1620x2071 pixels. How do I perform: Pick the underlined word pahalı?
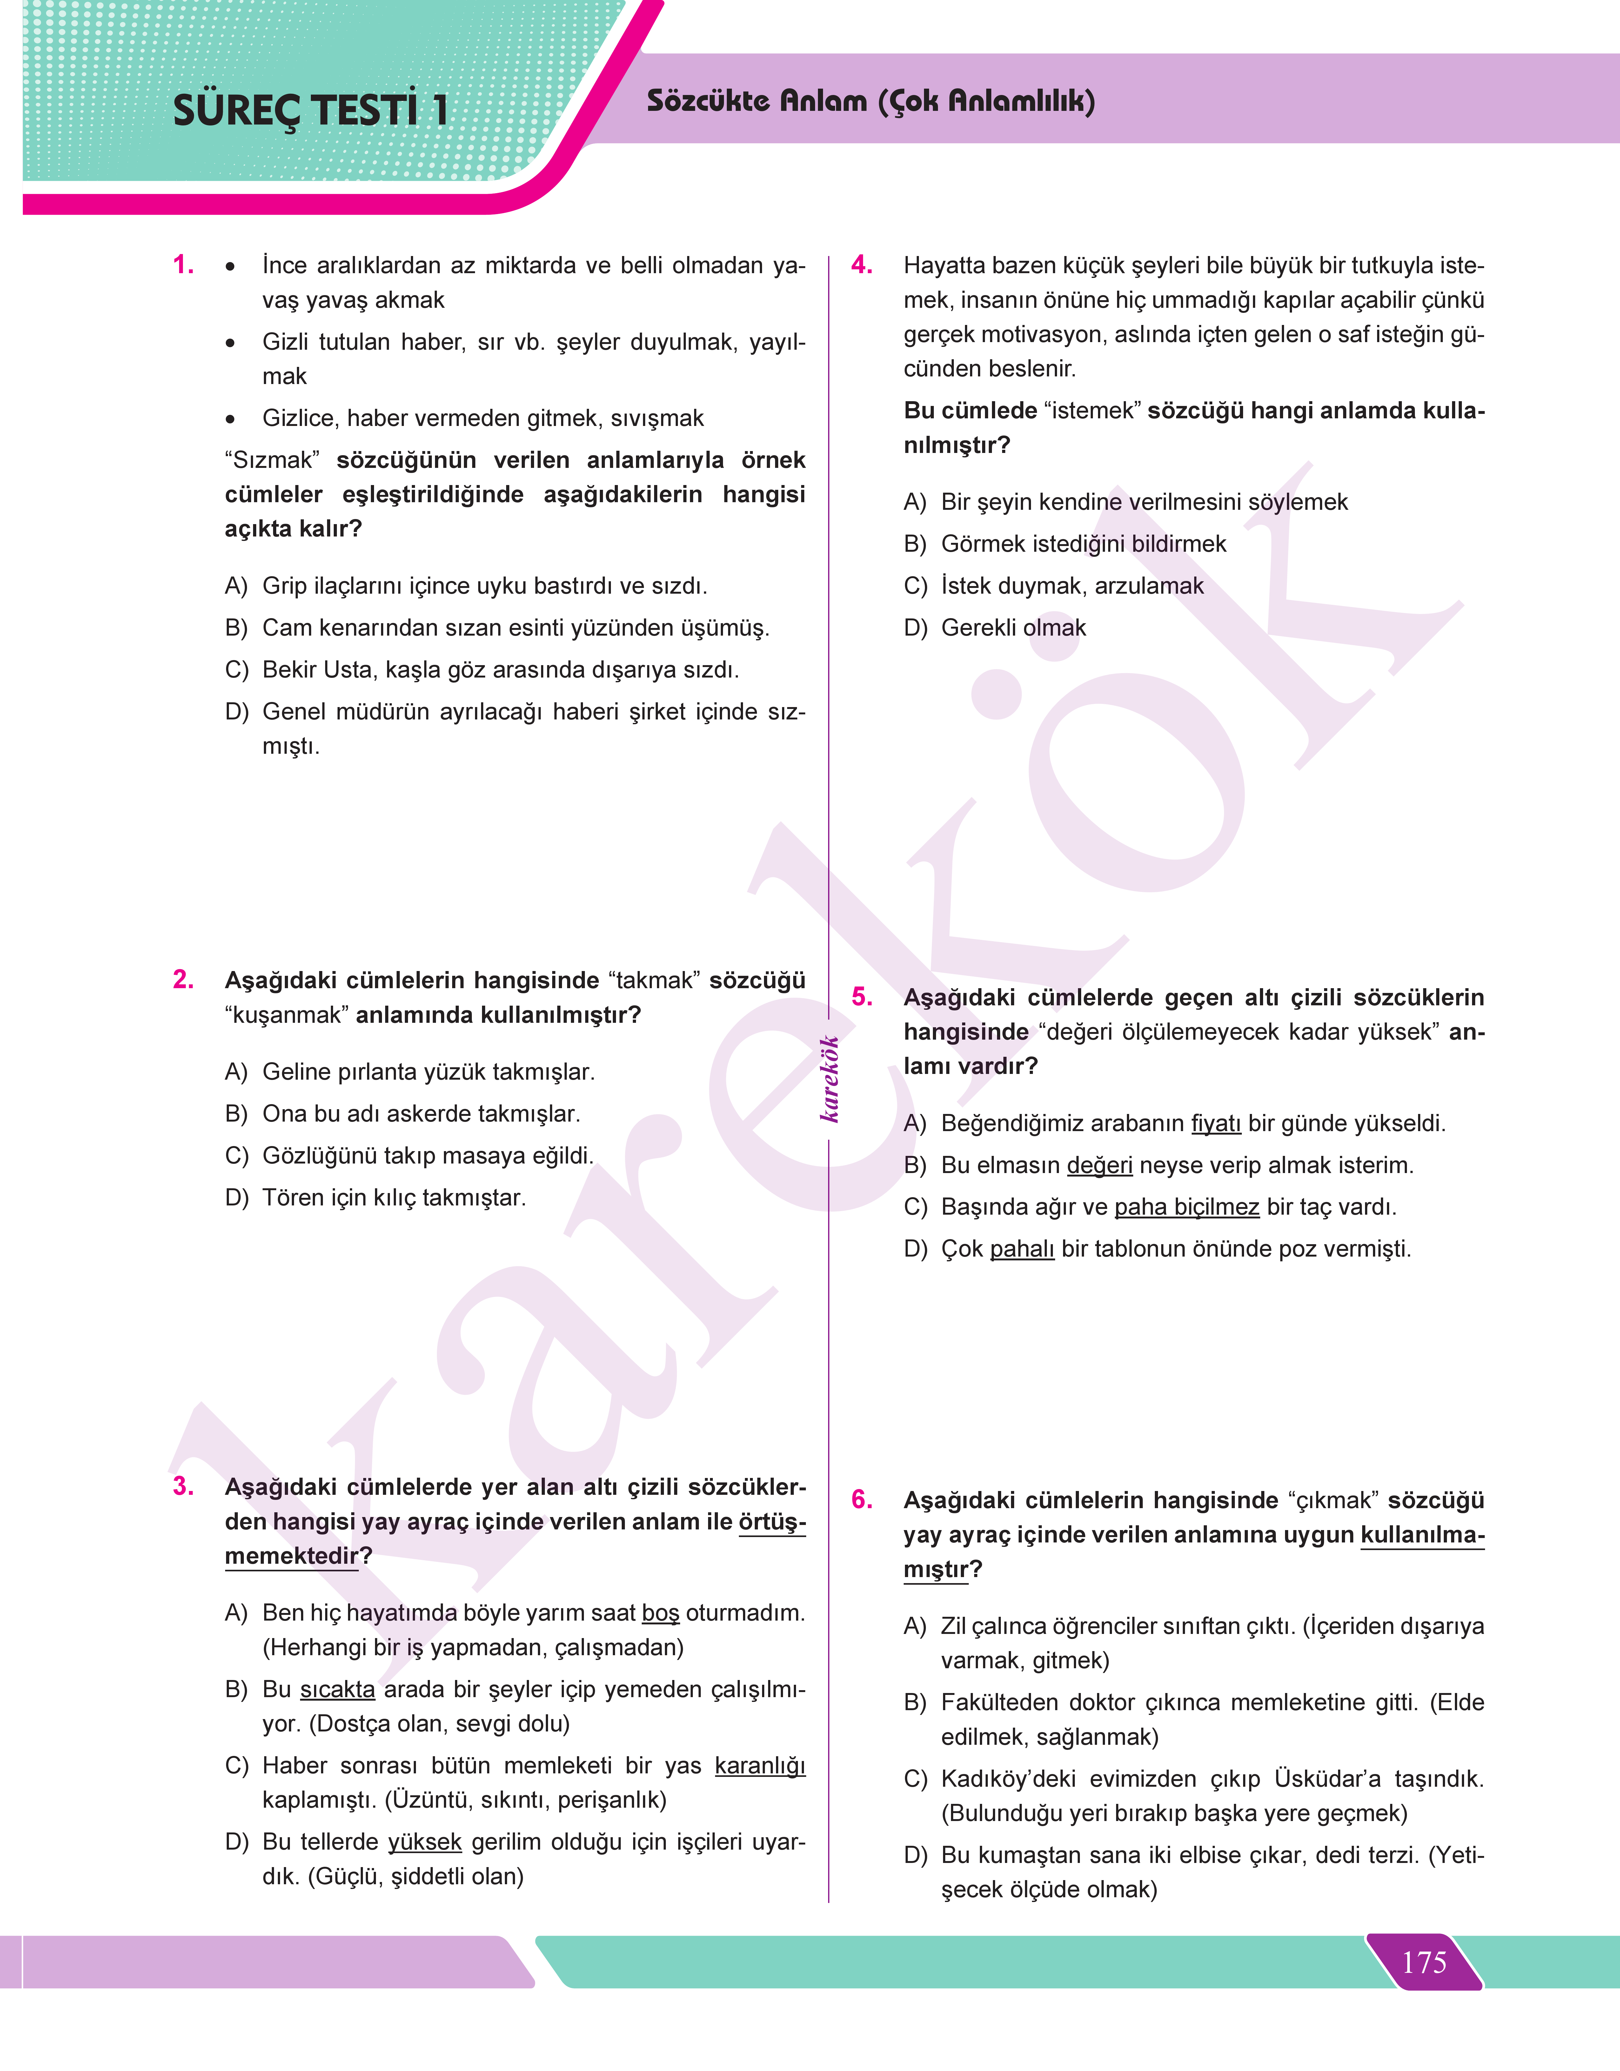point(1021,1249)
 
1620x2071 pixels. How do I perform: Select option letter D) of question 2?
point(236,1197)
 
